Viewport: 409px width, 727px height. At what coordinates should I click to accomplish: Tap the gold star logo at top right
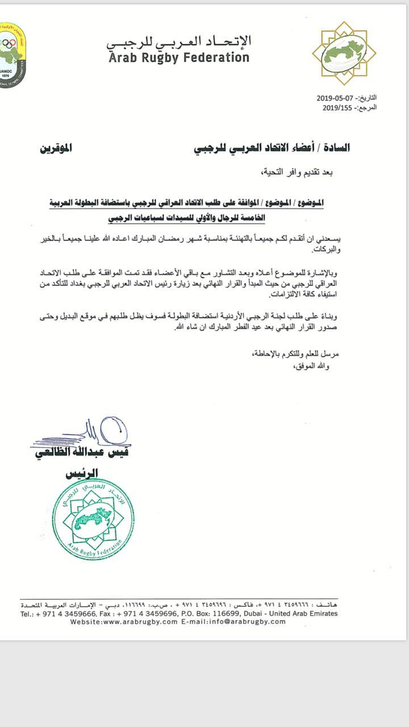(344, 53)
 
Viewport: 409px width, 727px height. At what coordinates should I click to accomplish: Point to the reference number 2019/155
(337, 107)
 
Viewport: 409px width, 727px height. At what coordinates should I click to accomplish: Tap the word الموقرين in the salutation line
(56, 148)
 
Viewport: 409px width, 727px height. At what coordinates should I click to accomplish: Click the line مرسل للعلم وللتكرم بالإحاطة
(295, 354)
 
